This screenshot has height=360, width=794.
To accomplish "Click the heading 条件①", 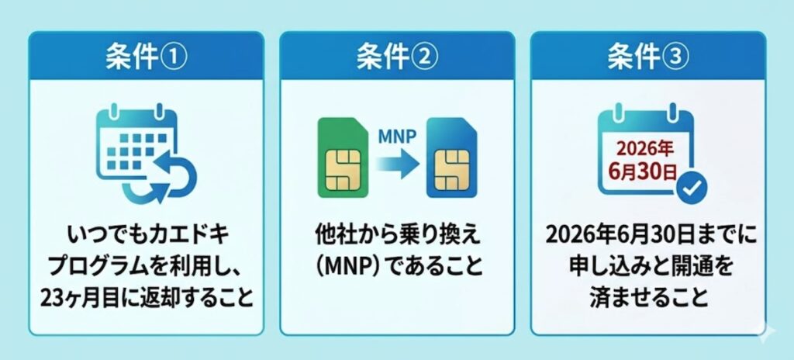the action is [146, 58].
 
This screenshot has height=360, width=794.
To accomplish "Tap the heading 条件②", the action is [397, 58].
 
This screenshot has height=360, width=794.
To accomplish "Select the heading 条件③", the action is [648, 58].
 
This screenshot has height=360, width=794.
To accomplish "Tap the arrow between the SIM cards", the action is [398, 164].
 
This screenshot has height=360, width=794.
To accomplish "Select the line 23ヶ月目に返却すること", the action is [146, 298].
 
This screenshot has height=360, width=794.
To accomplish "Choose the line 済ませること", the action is [648, 298].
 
